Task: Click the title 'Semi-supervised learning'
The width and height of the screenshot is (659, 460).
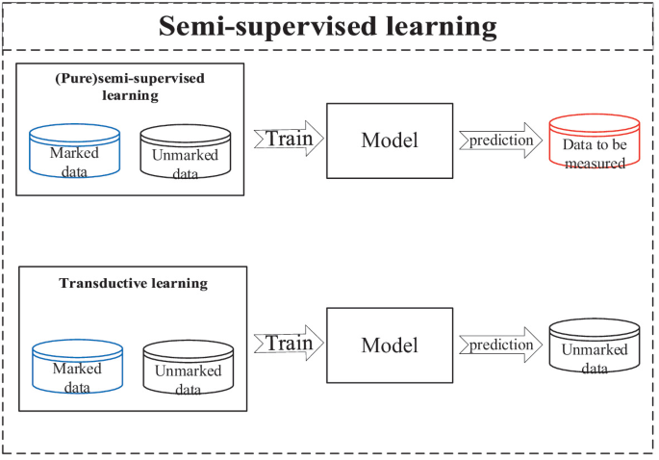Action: pos(329,25)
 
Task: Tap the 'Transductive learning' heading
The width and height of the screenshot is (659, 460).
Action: pos(133,283)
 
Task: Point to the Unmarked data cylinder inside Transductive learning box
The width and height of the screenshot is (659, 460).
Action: pos(189,369)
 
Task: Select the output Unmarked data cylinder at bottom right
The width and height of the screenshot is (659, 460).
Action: pos(594,347)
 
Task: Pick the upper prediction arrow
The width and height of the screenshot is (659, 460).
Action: pos(500,141)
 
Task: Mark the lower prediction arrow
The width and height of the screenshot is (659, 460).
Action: pos(500,345)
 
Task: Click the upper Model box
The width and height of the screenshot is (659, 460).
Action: pos(390,141)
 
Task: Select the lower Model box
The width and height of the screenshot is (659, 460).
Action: pos(390,345)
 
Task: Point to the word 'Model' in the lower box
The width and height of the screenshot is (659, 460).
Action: pos(390,345)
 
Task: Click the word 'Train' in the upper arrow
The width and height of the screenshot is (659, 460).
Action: pos(289,139)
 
